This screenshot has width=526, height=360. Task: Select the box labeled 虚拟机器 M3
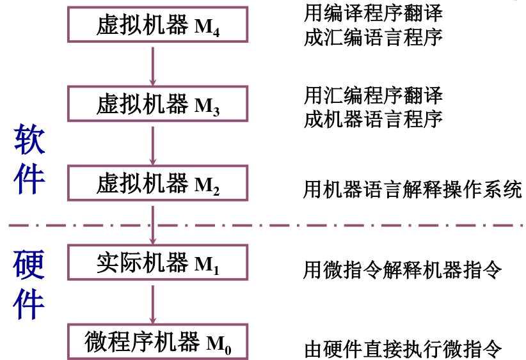[x=158, y=104]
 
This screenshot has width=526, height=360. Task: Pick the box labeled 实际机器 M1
[x=158, y=263]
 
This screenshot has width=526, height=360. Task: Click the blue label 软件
[x=29, y=160]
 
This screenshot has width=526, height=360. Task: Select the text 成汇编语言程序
[x=373, y=37]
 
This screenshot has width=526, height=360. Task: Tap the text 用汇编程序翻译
[x=373, y=96]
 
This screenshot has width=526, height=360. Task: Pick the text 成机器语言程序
[x=373, y=119]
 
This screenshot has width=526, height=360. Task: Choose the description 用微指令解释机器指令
[x=402, y=270]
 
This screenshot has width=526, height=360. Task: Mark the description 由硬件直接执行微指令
[x=402, y=349]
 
